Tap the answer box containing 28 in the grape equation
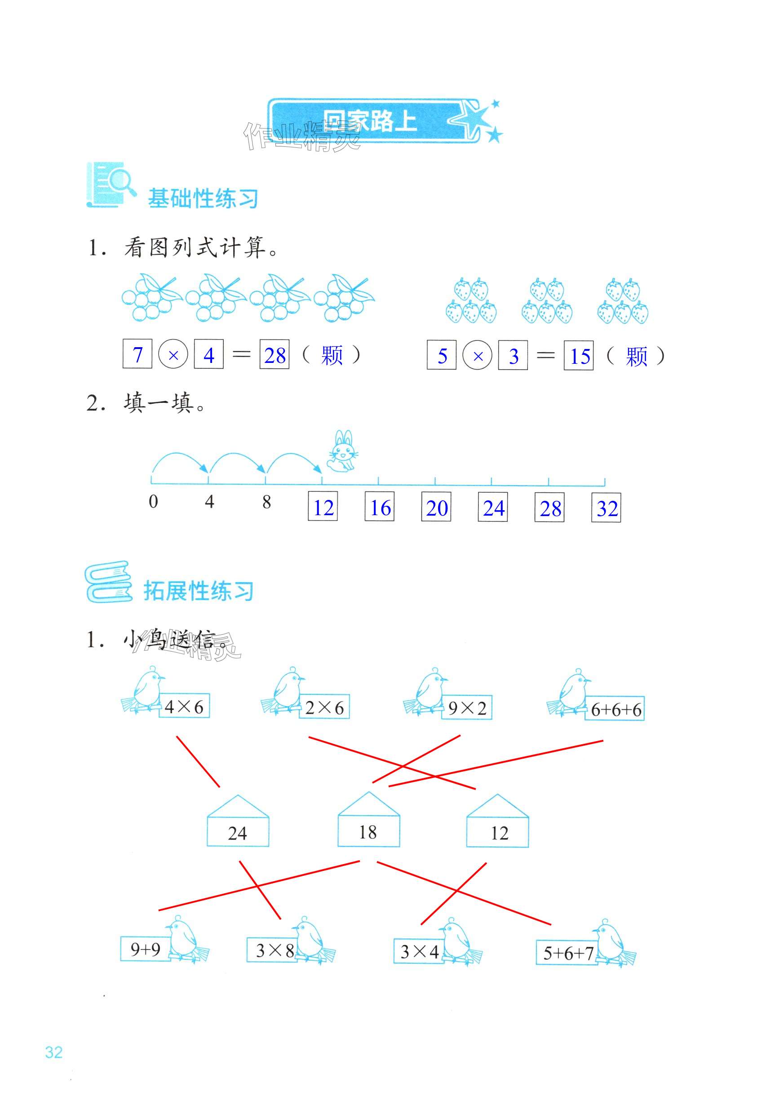[274, 355]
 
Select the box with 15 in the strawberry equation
[579, 356]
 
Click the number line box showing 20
[436, 508]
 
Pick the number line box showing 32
[606, 508]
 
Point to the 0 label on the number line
[153, 502]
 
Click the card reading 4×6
[184, 707]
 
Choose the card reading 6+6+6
[616, 710]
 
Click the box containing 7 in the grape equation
[137, 354]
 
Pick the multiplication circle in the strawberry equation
[478, 356]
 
